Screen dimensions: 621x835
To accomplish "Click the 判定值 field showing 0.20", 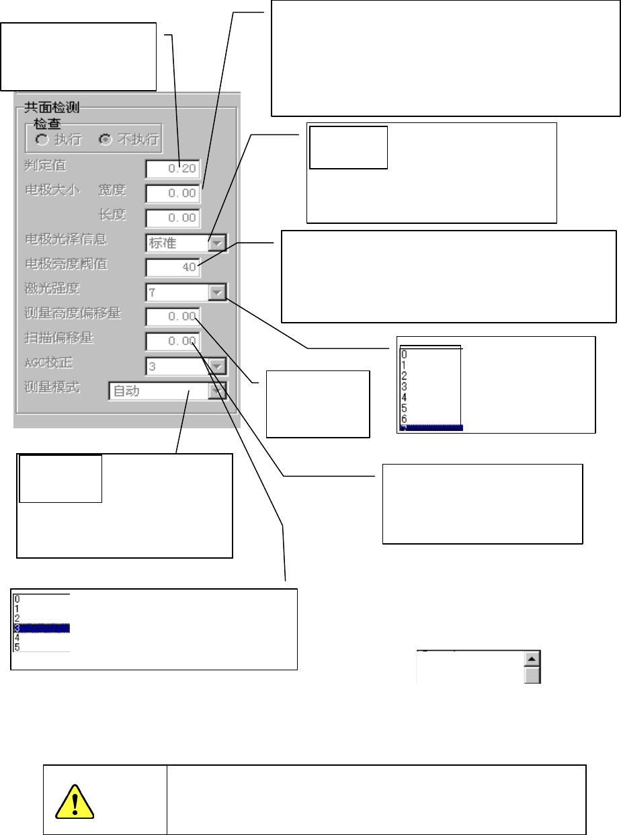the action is [x=173, y=168].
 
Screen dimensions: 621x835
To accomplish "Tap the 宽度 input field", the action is [x=173, y=193].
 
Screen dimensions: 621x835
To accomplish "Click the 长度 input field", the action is [x=173, y=217].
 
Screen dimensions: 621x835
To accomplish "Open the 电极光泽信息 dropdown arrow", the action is [x=217, y=242].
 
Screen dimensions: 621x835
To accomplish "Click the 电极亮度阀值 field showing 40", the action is [x=173, y=267].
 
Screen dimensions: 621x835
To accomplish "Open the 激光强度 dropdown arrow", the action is [x=217, y=292].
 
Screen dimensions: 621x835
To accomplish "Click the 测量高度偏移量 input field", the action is [x=173, y=317].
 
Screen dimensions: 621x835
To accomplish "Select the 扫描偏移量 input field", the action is [x=173, y=341].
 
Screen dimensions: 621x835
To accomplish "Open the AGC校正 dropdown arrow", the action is [x=217, y=366].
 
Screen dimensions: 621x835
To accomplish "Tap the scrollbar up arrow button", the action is [x=532, y=660].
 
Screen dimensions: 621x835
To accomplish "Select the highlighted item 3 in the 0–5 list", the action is [x=41, y=628].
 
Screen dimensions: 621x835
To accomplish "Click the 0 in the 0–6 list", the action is [x=403, y=354].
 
